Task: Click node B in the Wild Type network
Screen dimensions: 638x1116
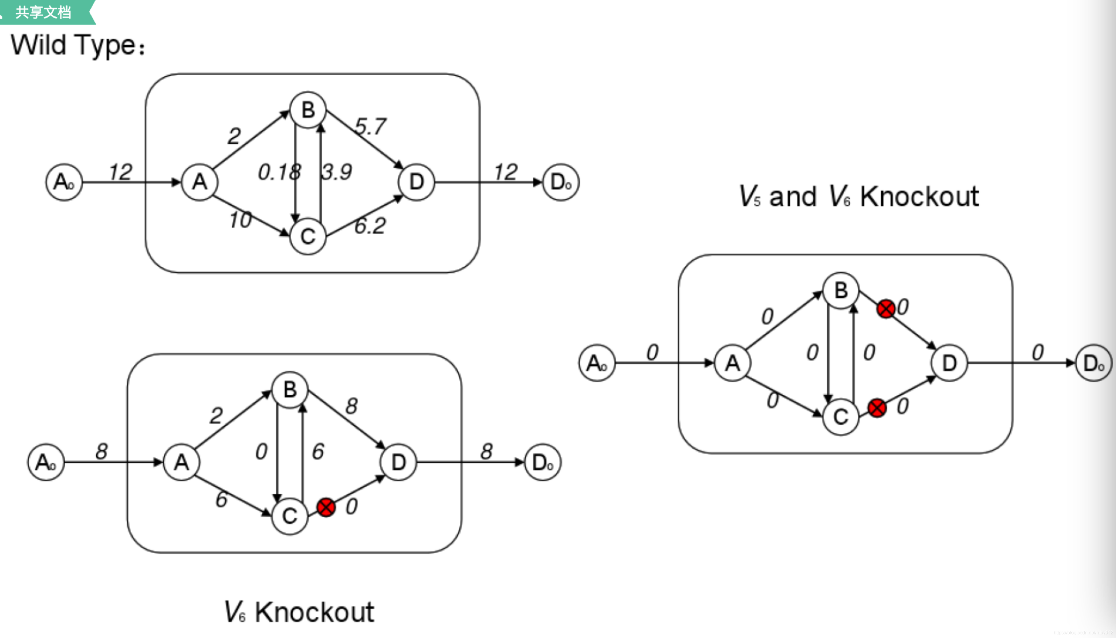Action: (x=308, y=110)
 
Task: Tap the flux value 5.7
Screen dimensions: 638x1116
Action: (x=371, y=127)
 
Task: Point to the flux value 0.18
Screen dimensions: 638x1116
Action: (x=279, y=172)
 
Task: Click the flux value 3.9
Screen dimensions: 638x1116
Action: (x=337, y=172)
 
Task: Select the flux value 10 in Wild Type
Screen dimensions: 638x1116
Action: (x=241, y=220)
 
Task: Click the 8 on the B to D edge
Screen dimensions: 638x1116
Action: (x=351, y=406)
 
